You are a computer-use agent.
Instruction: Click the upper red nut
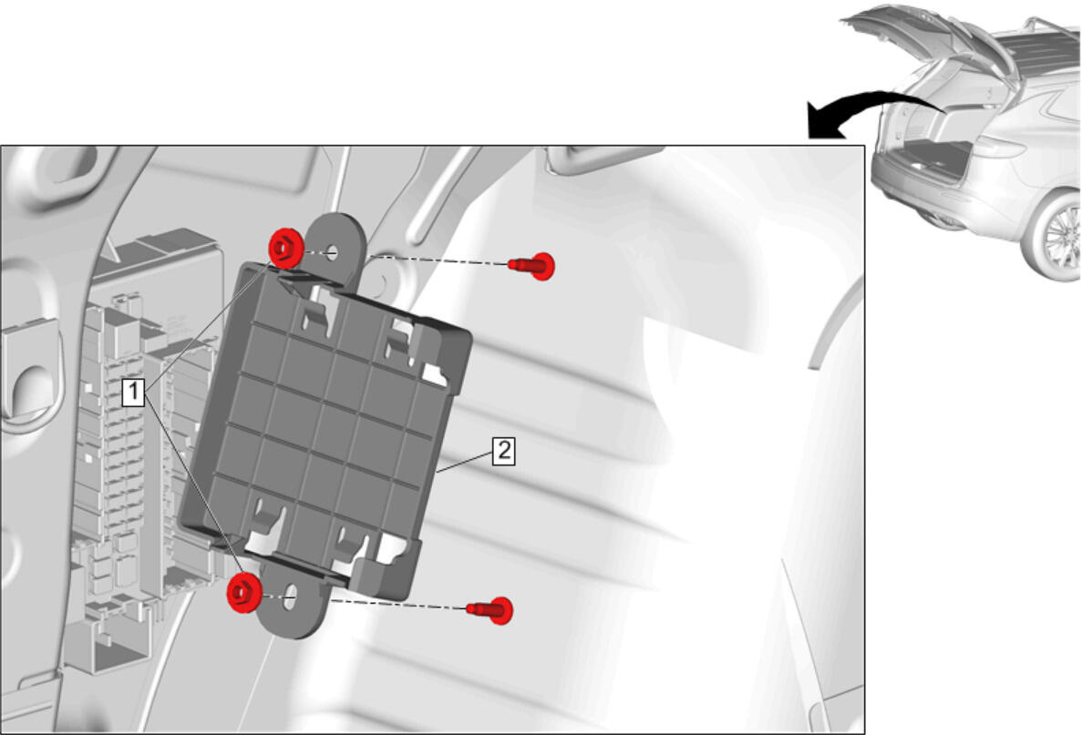point(284,249)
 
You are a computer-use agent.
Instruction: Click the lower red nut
point(243,592)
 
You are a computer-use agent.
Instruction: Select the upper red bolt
point(532,265)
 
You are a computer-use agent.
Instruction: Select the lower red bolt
point(490,610)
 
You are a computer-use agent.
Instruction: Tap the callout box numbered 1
point(133,392)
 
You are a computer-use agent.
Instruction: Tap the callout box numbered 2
point(504,450)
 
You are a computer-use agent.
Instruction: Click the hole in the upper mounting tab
point(333,252)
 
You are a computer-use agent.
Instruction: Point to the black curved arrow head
point(825,122)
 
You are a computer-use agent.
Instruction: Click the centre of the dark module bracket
point(325,421)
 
